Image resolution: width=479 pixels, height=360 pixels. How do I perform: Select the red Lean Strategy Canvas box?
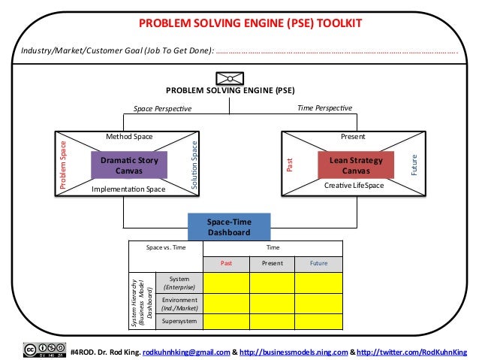351,165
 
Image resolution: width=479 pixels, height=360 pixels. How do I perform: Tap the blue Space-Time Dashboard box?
229,227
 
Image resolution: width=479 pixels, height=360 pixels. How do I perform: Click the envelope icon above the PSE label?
229,77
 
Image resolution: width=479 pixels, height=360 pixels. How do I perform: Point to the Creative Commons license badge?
43,350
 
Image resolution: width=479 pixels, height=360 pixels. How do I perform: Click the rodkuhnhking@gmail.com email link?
186,351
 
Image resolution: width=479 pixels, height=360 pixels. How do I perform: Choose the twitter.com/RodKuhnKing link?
412,351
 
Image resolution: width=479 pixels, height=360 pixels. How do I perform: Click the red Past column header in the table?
226,263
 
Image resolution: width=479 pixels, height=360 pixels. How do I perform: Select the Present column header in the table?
271,263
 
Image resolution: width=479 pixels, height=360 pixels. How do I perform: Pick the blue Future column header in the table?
318,263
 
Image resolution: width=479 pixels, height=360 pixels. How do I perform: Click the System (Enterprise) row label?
179,283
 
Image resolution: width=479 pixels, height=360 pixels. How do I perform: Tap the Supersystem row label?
179,321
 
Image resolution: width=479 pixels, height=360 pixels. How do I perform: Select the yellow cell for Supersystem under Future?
318,321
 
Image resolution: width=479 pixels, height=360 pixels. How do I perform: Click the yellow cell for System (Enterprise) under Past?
226,283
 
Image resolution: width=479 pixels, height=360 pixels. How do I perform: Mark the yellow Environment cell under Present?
271,303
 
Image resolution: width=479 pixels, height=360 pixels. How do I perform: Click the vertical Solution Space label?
194,165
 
